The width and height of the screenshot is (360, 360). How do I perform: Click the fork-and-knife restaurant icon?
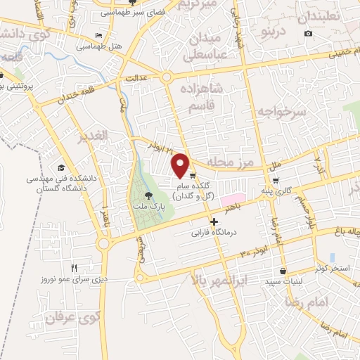point(75,267)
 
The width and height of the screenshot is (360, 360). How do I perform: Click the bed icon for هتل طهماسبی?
point(98,35)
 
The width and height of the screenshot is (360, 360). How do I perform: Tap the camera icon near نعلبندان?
point(308,34)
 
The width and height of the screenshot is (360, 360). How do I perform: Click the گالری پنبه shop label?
point(297,191)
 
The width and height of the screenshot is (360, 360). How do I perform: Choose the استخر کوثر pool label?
point(330,268)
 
